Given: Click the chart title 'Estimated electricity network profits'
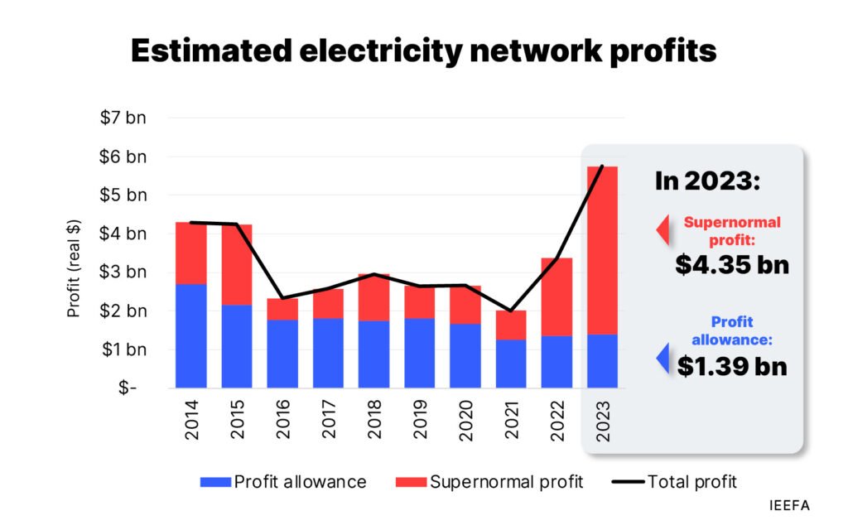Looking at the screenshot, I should (x=423, y=51).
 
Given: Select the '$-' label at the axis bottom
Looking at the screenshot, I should (x=128, y=388).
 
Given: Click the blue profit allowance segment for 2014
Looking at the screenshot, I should (x=191, y=336).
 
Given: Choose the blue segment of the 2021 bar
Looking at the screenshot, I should (x=511, y=364).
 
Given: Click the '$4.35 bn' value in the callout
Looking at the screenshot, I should (x=731, y=264).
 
